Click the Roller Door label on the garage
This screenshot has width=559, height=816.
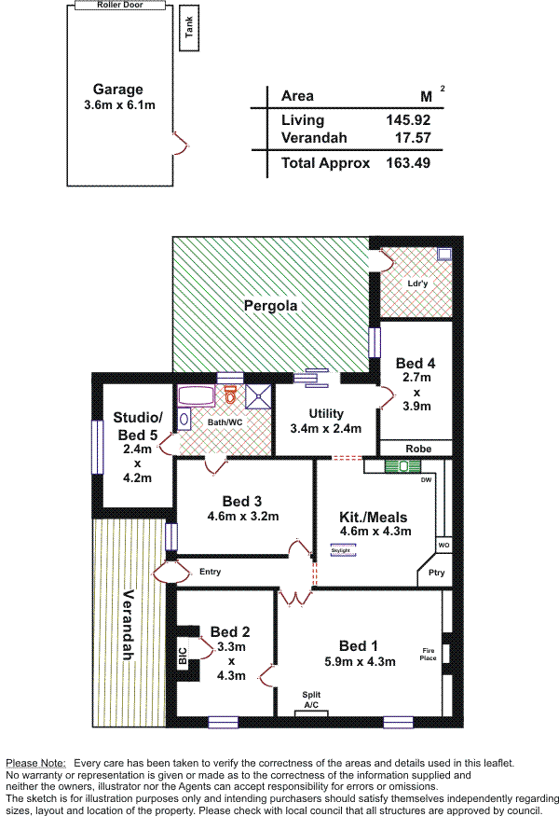[x=118, y=5]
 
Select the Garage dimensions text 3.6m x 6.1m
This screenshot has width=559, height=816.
[x=118, y=105]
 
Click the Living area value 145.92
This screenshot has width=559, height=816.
[x=408, y=120]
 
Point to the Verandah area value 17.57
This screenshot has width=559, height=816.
[x=414, y=138]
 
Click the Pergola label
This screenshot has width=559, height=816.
[x=270, y=305]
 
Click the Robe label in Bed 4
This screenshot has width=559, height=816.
[x=417, y=449]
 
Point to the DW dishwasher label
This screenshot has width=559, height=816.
[x=426, y=480]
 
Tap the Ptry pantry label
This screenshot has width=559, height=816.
[x=436, y=574]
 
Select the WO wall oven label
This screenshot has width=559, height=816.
[x=443, y=545]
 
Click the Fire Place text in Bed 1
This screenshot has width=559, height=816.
[x=429, y=654]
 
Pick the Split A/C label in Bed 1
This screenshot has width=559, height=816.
[x=311, y=699]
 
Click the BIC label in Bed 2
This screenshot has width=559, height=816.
[x=183, y=656]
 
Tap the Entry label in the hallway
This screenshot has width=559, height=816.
[x=211, y=571]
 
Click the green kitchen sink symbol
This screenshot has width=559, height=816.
[x=389, y=465]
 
